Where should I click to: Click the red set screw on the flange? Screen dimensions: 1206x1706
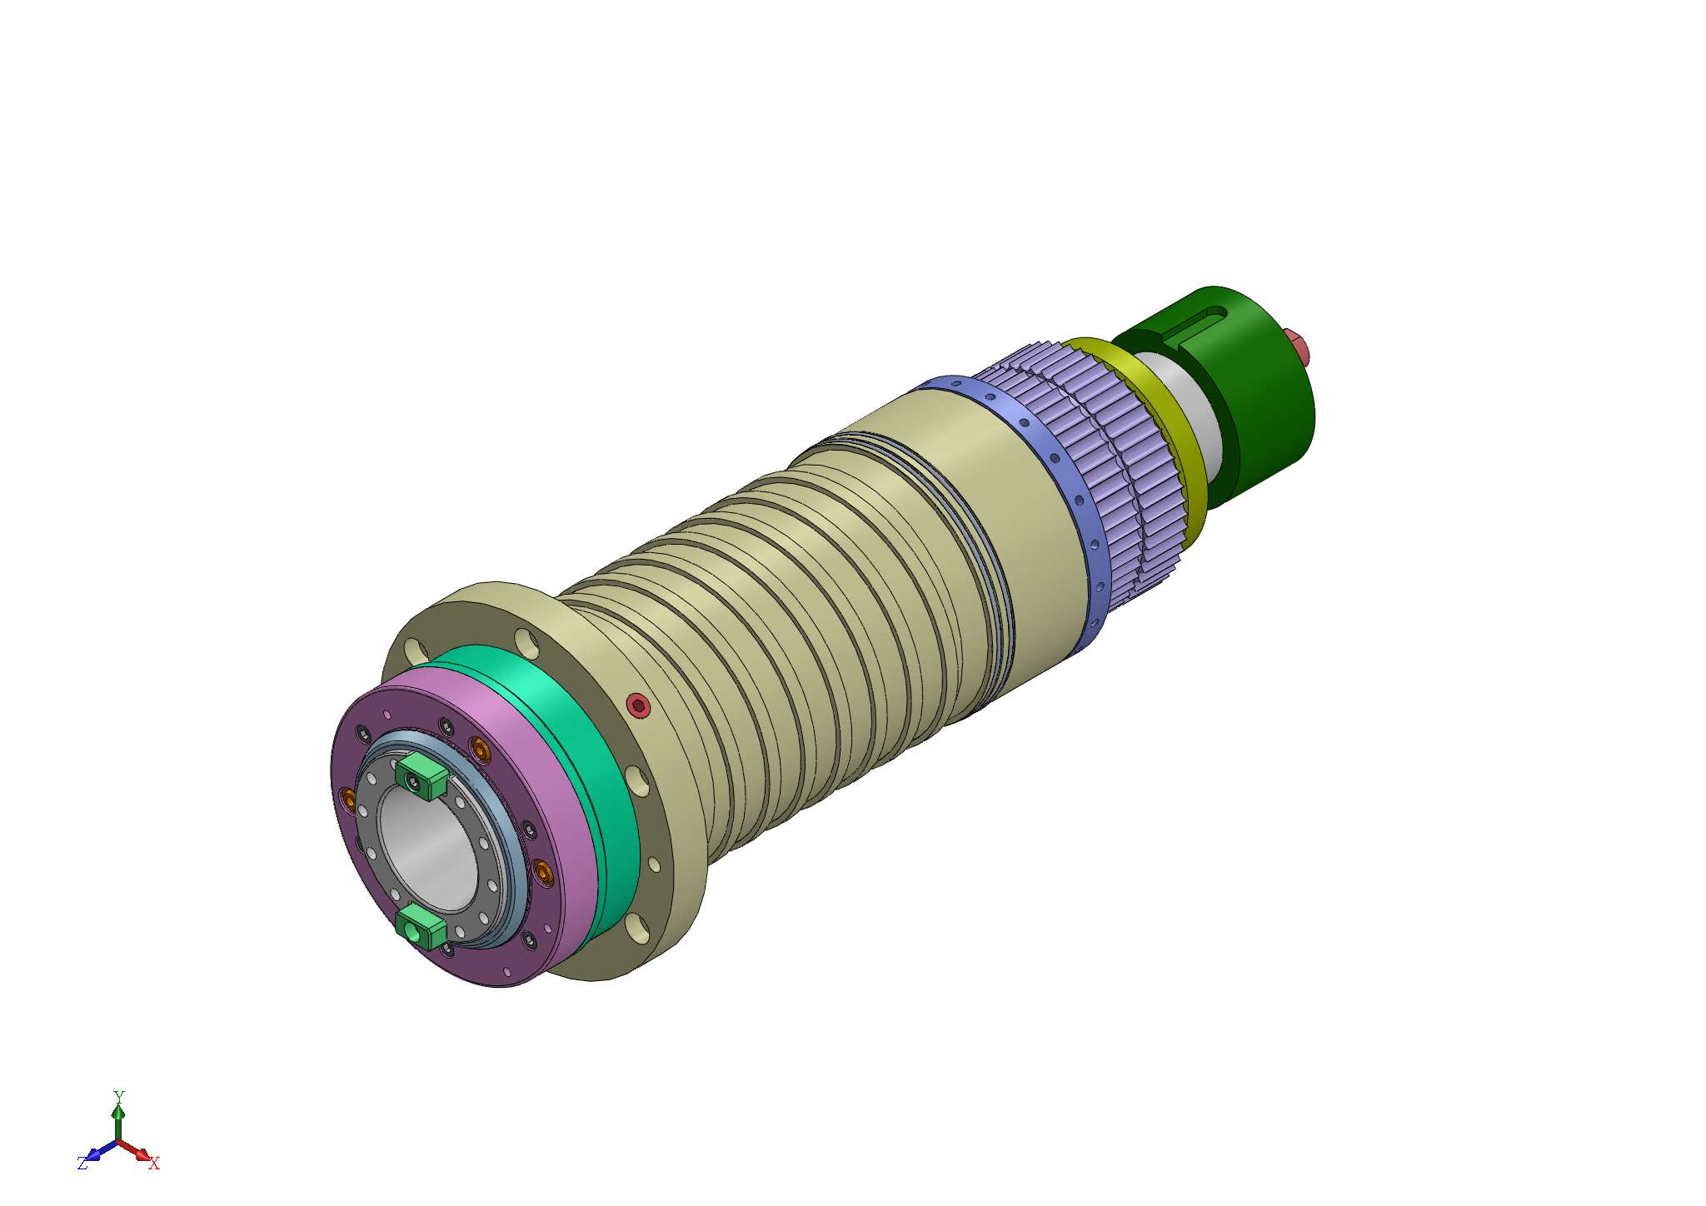click(x=639, y=705)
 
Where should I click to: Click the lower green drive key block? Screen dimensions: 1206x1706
click(x=422, y=927)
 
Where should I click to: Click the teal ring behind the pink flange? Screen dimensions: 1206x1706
click(x=583, y=750)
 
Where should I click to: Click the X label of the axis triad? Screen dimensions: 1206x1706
click(x=154, y=1164)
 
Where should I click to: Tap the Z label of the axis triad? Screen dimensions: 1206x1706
click(x=82, y=1164)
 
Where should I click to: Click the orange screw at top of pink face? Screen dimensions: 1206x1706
click(x=481, y=749)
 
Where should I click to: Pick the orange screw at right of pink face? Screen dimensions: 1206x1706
click(x=544, y=872)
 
